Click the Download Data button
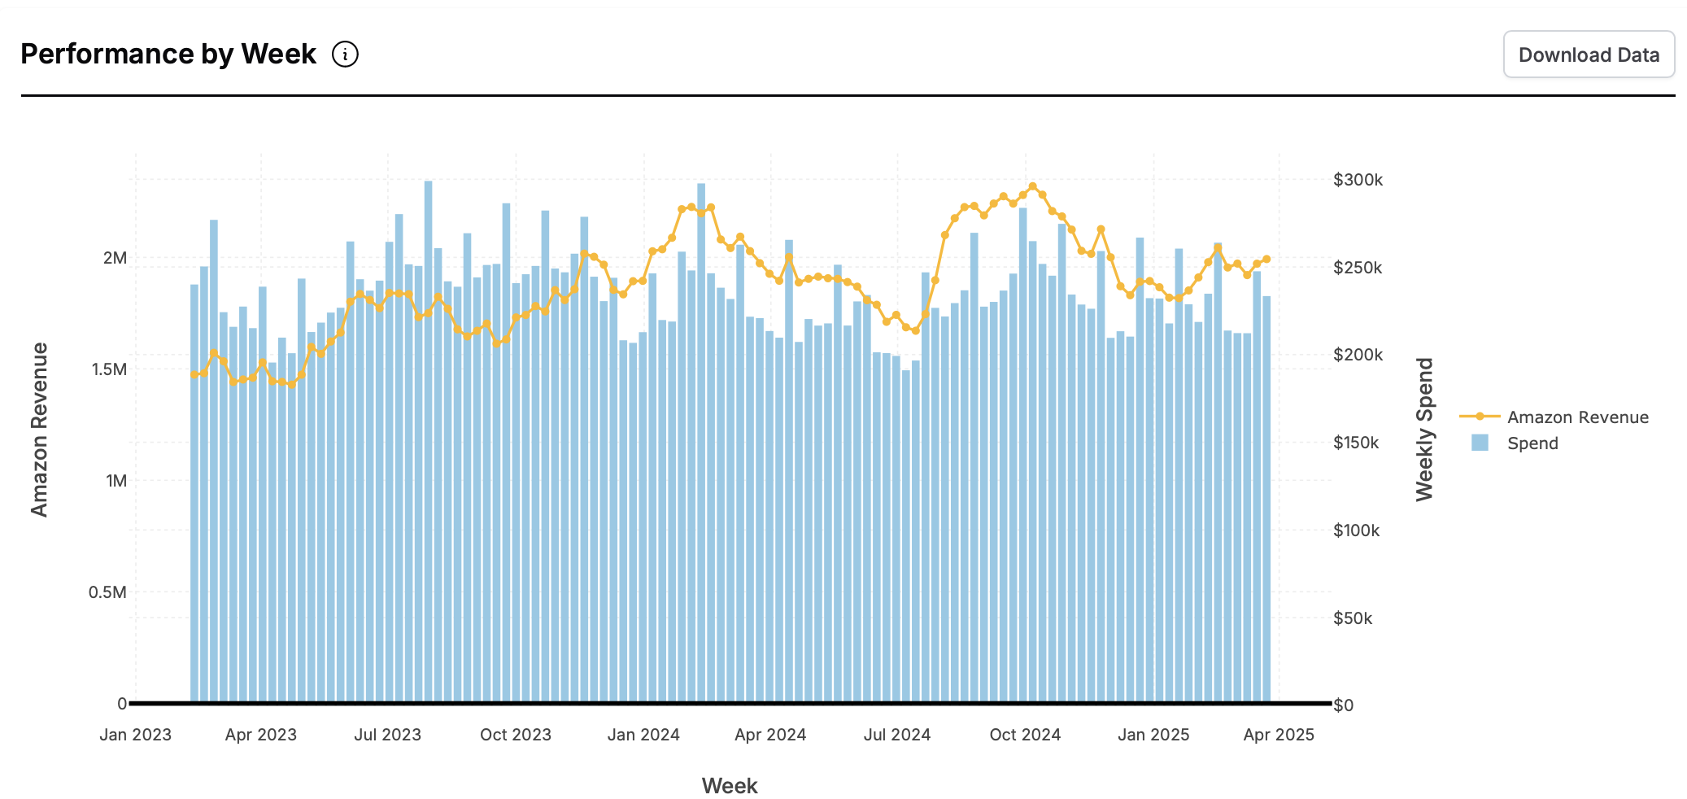1588,55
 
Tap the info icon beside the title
345,55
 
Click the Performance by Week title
168,55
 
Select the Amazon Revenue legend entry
1577,417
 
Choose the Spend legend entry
1532,443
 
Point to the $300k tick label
1358,180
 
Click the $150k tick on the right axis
1356,443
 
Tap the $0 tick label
1343,705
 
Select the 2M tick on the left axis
115,258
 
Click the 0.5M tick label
107,592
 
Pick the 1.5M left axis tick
109,369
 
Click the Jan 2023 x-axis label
135,735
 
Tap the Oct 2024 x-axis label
1025,735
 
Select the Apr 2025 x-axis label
1279,735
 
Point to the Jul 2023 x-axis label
387,735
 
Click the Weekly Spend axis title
1424,429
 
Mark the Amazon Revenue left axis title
39,429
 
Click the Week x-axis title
730,786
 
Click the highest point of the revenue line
1032,186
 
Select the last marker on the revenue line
1266,260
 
